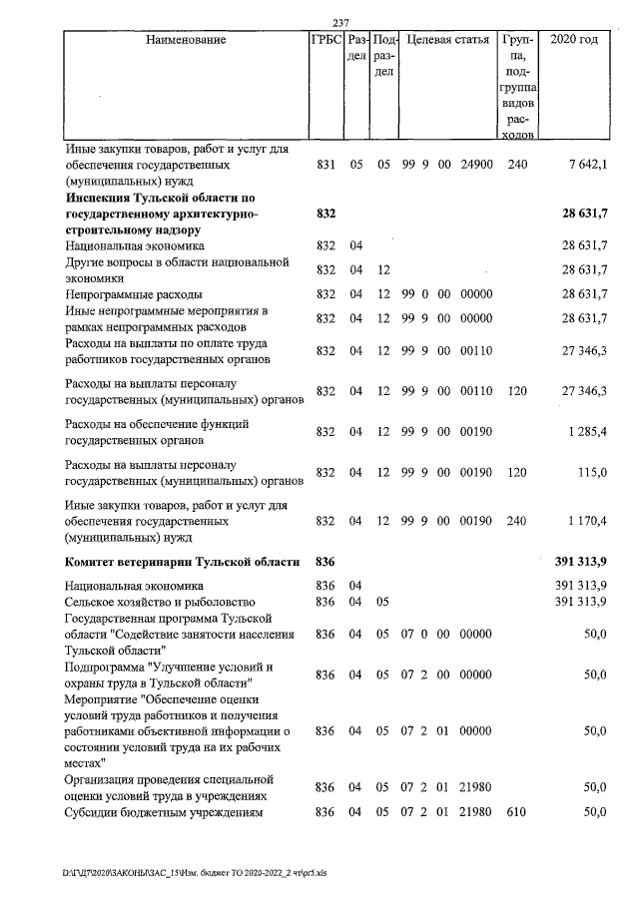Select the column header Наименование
coord(186,41)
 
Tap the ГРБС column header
coord(325,41)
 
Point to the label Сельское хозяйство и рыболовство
coord(161,602)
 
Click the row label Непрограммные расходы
coord(134,294)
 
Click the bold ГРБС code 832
coord(325,215)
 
